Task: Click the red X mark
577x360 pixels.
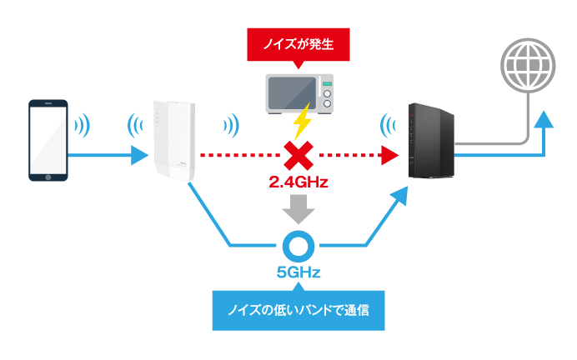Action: [299, 156]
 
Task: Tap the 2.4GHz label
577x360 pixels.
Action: [299, 182]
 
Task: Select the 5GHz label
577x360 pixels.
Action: [299, 272]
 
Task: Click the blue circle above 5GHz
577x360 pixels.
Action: [299, 246]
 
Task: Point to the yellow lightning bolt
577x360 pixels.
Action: [303, 121]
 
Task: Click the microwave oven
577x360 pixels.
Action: [299, 94]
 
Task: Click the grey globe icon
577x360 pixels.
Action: [528, 66]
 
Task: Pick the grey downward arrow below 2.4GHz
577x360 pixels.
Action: [299, 209]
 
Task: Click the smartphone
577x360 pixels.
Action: [48, 140]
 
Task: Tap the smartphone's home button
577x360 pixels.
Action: [48, 177]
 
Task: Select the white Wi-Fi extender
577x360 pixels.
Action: [174, 141]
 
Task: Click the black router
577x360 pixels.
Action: [431, 141]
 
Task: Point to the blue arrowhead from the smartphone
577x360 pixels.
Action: [140, 156]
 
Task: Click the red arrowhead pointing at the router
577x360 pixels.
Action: [390, 156]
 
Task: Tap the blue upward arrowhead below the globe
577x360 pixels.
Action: [544, 119]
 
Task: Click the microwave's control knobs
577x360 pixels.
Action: [327, 98]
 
